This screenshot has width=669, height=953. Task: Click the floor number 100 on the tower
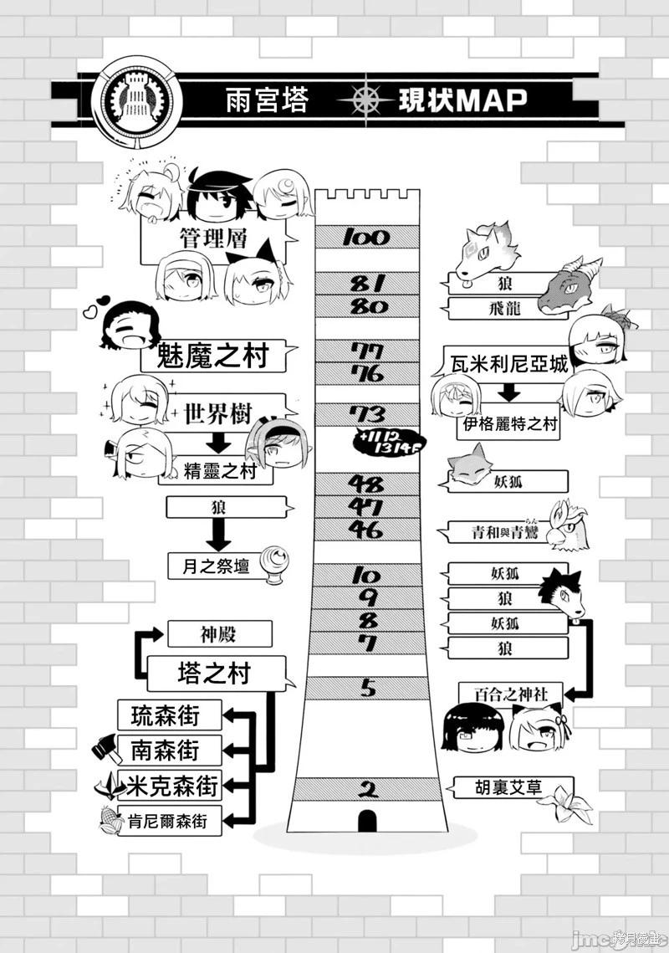366,237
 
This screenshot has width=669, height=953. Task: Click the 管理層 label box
212,238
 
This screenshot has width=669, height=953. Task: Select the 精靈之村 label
217,474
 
